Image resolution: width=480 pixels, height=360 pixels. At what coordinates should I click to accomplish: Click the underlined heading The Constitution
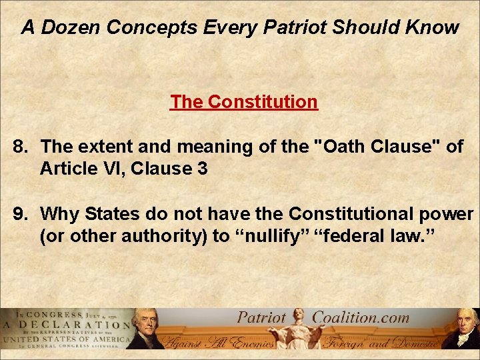click(x=243, y=102)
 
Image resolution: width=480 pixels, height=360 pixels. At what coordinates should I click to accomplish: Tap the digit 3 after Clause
click(x=202, y=169)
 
